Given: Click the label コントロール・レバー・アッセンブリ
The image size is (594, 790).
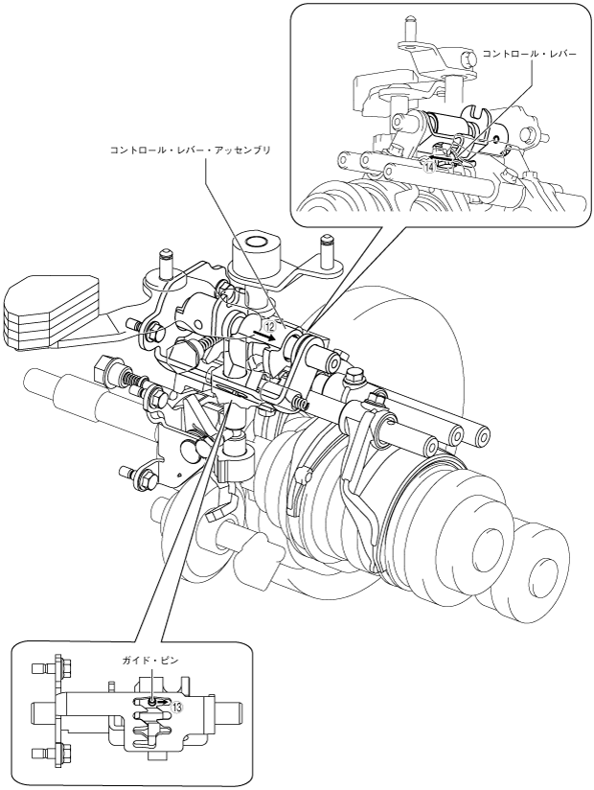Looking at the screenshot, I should pyautogui.click(x=192, y=151).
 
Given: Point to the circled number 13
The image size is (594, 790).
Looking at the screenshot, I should pyautogui.click(x=177, y=707).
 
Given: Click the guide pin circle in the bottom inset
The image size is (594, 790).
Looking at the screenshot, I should pyautogui.click(x=152, y=701).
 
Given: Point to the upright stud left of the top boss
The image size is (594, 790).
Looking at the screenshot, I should pyautogui.click(x=165, y=264).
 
